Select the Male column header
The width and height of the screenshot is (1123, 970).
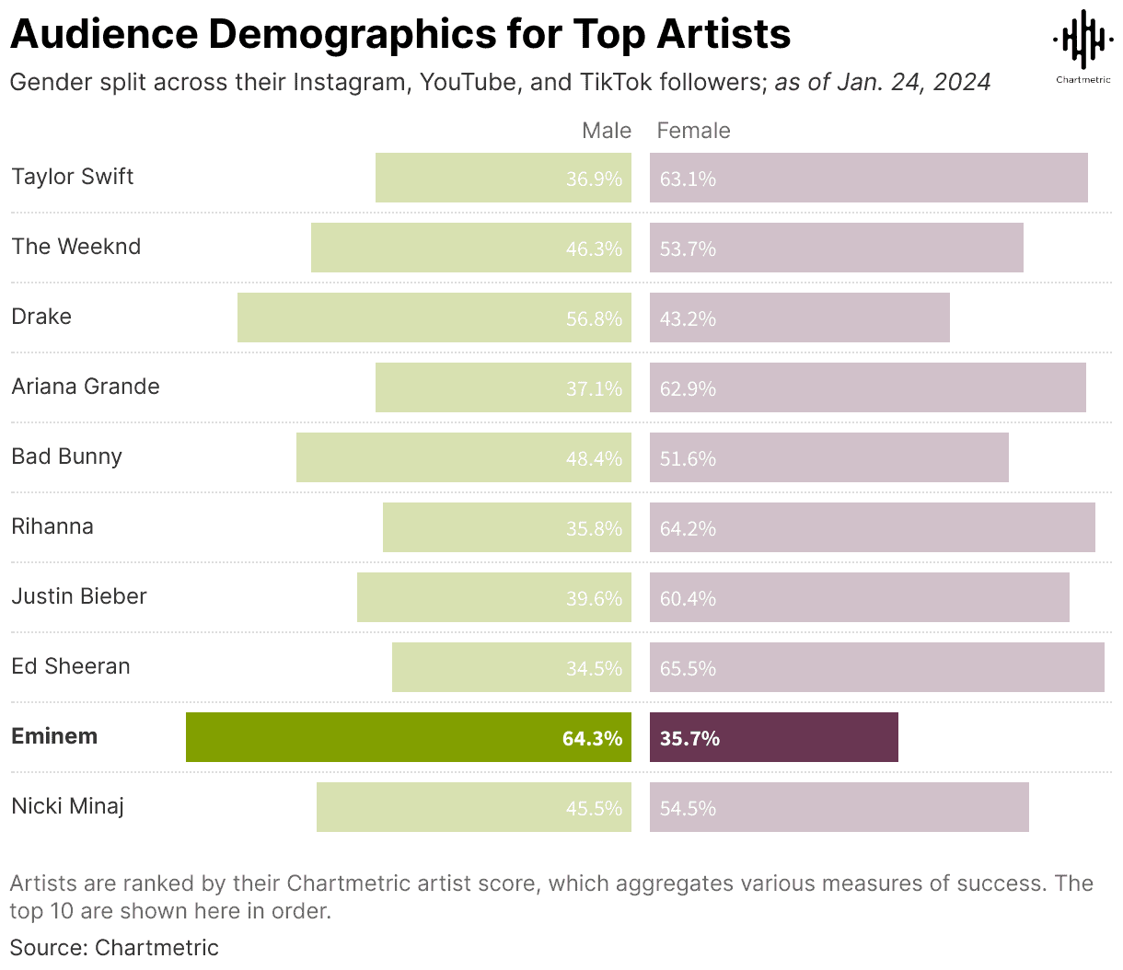(607, 131)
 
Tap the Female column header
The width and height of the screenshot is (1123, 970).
(693, 131)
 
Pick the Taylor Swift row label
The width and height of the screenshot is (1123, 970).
(73, 177)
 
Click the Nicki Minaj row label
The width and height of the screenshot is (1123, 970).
(68, 806)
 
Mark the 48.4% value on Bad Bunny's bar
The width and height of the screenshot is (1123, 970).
(594, 458)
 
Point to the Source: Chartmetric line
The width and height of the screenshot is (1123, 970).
(114, 947)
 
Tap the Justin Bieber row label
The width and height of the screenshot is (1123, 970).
(79, 596)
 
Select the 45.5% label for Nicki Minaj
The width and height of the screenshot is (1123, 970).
(594, 808)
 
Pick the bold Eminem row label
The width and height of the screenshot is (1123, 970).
(54, 736)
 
